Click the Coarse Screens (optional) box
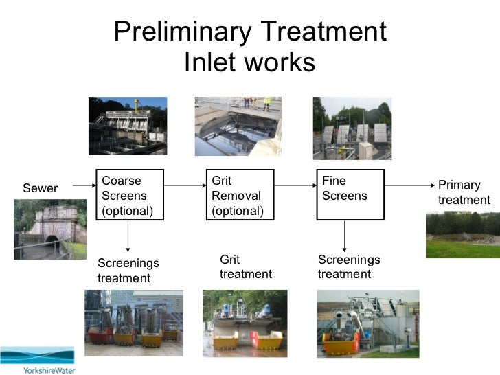(130, 194)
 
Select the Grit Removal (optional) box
(240, 194)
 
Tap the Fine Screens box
(350, 194)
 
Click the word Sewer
(41, 188)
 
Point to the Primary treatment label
(464, 192)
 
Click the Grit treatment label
(245, 266)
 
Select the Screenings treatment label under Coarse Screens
(128, 271)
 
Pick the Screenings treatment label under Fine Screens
(348, 266)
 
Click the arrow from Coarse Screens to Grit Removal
(185, 185)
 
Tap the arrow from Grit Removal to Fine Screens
(295, 185)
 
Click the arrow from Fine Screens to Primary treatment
(408, 185)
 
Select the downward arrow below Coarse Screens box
(128, 236)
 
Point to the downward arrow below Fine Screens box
(344, 236)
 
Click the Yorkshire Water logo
(38, 359)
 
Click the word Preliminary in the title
(181, 32)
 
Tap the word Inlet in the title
(210, 62)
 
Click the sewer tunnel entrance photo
(49, 229)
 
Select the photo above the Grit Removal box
(238, 126)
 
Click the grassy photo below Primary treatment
(462, 234)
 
